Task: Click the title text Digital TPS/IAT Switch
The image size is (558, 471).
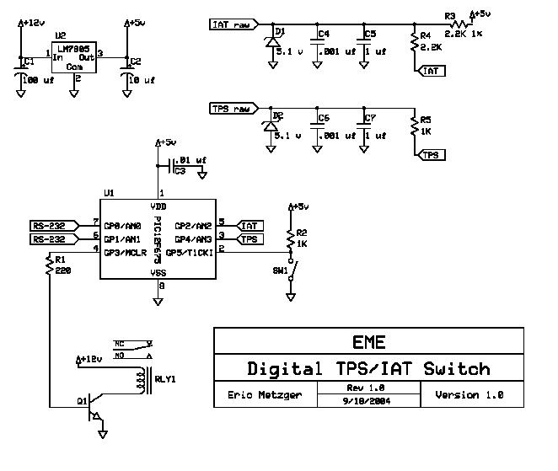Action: point(368,369)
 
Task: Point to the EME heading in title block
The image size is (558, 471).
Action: point(368,342)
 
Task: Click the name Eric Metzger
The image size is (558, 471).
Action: point(265,394)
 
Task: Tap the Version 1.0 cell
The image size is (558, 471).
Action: point(469,394)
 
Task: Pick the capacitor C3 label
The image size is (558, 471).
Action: point(180,171)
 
